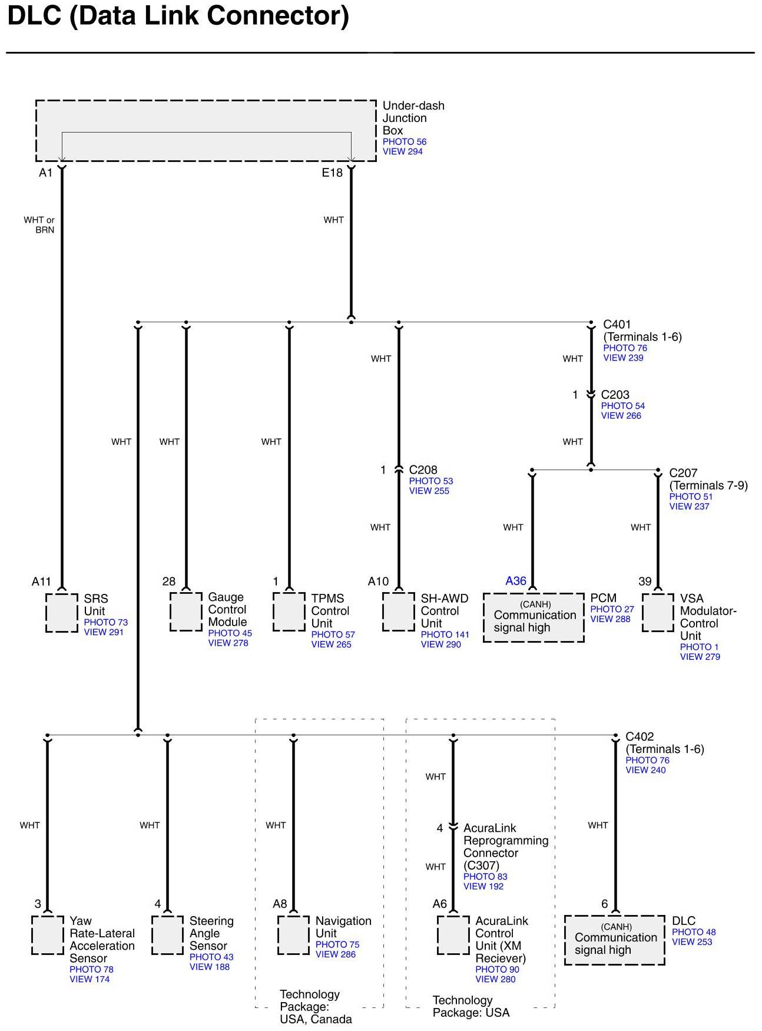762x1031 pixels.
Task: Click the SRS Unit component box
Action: click(x=62, y=613)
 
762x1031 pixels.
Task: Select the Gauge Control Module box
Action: click(x=186, y=612)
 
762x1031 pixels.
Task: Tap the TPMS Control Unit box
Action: click(x=289, y=612)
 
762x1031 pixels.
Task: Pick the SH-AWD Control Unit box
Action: click(x=399, y=612)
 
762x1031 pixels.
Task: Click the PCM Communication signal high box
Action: click(x=534, y=617)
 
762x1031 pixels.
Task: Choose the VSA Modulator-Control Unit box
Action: click(x=658, y=612)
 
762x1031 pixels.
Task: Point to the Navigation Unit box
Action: click(x=293, y=935)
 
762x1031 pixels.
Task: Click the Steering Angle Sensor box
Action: click(x=167, y=935)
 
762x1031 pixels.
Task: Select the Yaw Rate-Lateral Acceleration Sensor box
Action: click(x=47, y=935)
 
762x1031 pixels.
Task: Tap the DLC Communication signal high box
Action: click(x=615, y=940)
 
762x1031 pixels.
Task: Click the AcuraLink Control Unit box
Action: click(x=453, y=935)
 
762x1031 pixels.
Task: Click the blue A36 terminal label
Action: click(x=516, y=581)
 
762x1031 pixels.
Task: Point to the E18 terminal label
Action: click(x=332, y=173)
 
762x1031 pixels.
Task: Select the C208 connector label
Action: click(x=423, y=470)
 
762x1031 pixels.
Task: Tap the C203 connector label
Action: click(x=615, y=395)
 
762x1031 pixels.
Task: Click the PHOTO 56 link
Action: click(x=404, y=142)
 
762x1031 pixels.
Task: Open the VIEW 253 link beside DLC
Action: click(x=692, y=942)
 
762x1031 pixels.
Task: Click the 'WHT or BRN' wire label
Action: click(x=39, y=225)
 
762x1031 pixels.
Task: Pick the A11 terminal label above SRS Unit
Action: click(x=41, y=581)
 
